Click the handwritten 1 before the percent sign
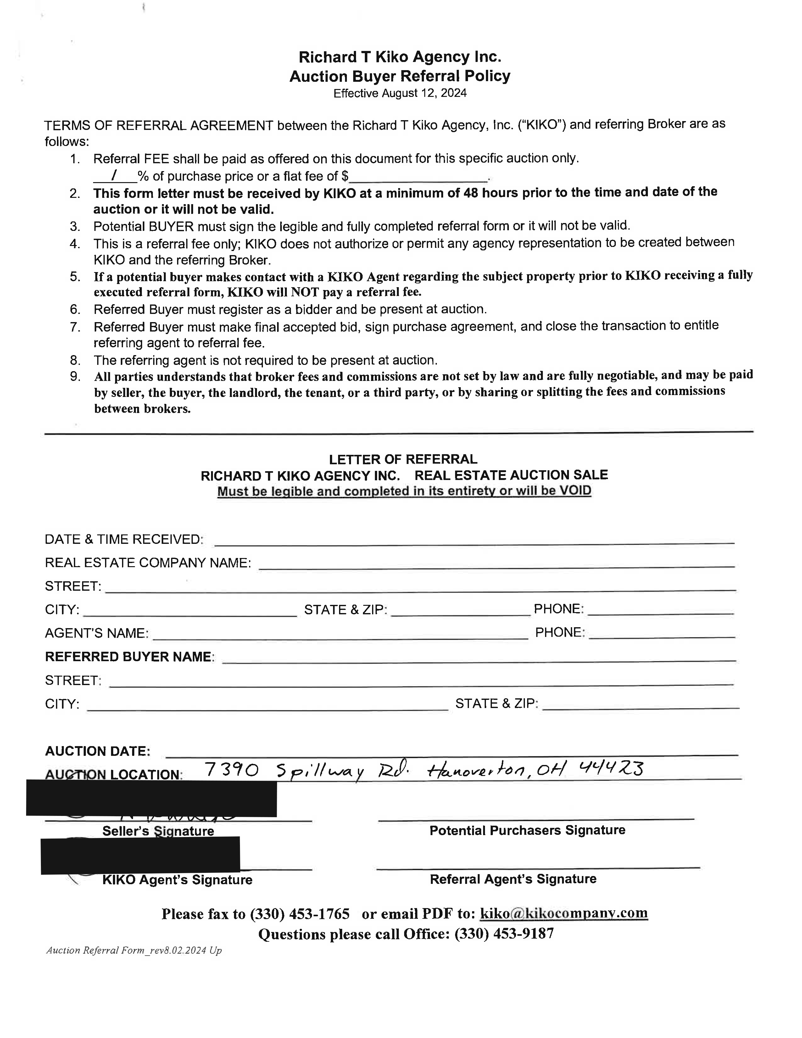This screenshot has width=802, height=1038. coord(114,176)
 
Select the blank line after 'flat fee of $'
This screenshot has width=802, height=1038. coord(418,178)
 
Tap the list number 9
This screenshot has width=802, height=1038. coord(75,377)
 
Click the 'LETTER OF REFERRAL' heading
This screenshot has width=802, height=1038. coord(403,459)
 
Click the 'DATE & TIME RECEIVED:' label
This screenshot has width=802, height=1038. coord(124,539)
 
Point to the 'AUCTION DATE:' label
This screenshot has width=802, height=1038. coord(97,751)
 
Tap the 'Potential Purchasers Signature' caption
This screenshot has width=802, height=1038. coord(527,830)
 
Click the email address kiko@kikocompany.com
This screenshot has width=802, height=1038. coord(564,913)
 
